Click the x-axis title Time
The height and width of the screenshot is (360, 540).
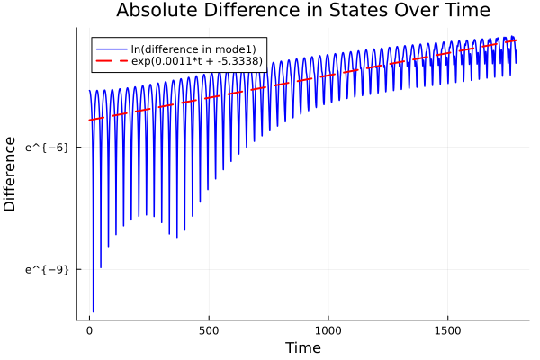click(x=302, y=348)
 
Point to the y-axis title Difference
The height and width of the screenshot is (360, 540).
click(x=11, y=174)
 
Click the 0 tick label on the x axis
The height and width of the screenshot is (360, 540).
click(x=89, y=330)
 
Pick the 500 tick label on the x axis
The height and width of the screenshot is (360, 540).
click(x=209, y=330)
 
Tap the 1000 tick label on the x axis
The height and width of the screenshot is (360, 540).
click(x=328, y=330)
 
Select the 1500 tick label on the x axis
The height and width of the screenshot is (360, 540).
click(x=448, y=330)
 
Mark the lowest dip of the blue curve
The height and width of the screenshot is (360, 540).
click(x=93, y=311)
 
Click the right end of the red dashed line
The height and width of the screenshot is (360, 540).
click(x=517, y=40)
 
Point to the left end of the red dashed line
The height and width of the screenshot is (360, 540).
click(x=89, y=120)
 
